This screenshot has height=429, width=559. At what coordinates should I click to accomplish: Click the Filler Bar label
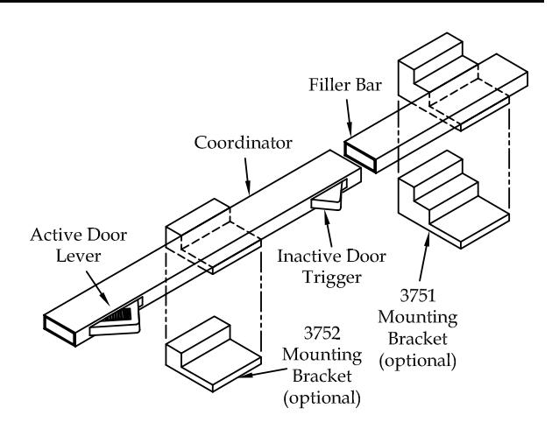(344, 85)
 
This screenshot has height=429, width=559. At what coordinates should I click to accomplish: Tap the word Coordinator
(243, 143)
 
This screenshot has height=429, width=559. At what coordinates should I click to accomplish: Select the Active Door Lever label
(79, 245)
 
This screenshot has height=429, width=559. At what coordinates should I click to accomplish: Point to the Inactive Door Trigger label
(331, 266)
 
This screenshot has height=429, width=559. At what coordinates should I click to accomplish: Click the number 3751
(417, 295)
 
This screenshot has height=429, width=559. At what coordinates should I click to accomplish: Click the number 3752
(322, 334)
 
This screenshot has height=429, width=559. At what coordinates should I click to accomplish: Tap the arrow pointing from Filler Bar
(349, 117)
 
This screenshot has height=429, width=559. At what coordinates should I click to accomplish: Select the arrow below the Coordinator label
(247, 176)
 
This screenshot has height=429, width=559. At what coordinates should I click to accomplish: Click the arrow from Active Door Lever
(98, 288)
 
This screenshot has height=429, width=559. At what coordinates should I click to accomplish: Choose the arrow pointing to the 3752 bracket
(262, 372)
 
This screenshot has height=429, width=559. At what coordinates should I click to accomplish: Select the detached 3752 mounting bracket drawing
(213, 355)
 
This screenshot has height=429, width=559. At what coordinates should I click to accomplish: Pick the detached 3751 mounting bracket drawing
(454, 200)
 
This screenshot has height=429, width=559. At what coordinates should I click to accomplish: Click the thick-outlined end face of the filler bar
(360, 157)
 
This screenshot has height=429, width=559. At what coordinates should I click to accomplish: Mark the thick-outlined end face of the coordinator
(60, 330)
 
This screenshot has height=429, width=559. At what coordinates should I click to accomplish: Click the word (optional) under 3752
(322, 398)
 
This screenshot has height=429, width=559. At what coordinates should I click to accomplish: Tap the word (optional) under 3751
(417, 361)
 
